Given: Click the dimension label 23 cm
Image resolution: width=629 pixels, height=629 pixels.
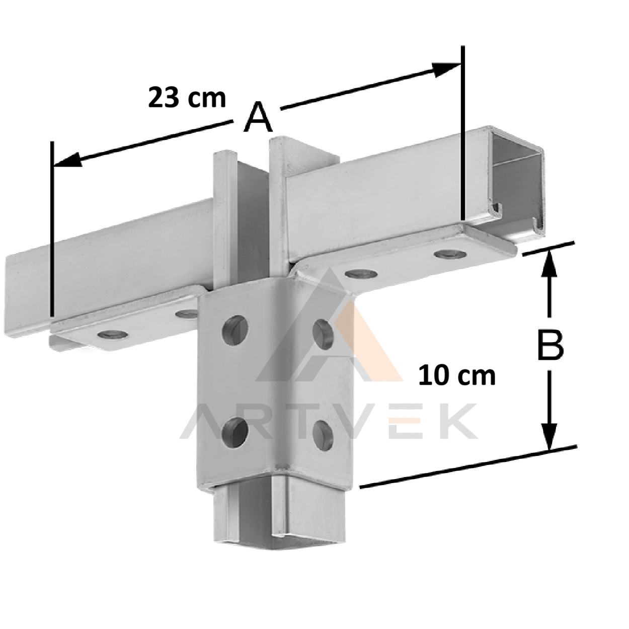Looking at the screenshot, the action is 187,97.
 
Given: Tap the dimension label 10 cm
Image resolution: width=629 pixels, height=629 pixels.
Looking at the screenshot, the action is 456,376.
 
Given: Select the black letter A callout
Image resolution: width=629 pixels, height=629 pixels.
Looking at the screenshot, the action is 258,117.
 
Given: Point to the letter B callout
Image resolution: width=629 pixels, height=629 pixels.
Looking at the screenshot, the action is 551,345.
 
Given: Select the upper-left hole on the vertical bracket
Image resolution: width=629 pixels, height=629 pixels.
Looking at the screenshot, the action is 234,330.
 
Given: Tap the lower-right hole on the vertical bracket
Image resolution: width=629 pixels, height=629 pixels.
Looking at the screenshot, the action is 323,435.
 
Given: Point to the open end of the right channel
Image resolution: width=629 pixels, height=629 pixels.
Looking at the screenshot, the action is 517,184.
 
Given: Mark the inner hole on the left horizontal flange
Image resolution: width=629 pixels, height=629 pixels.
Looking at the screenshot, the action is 187,314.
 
